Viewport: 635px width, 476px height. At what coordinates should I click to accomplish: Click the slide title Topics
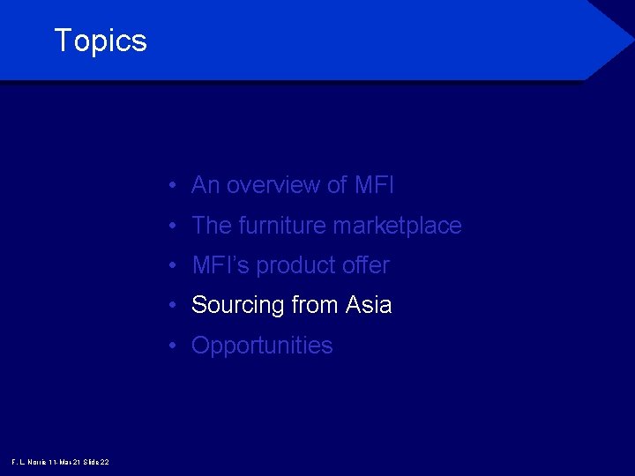tap(101, 41)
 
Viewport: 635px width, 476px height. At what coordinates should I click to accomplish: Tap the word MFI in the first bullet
tap(374, 185)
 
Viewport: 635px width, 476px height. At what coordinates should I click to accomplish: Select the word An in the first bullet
tap(205, 185)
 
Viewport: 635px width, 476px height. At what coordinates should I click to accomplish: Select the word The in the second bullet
tap(212, 226)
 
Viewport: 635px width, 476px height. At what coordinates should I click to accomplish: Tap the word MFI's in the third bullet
tap(220, 265)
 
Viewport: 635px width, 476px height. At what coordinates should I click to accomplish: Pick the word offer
tap(366, 265)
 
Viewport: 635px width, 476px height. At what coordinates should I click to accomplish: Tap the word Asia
tap(369, 305)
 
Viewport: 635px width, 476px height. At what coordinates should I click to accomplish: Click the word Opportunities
tap(262, 346)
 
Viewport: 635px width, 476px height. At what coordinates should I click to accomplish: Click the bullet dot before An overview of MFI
tap(177, 186)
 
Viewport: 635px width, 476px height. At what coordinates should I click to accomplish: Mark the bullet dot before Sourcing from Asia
tap(177, 306)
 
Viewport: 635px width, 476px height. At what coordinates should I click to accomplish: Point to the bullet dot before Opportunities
tap(177, 346)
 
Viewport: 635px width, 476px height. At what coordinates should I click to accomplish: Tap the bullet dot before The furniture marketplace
tap(177, 227)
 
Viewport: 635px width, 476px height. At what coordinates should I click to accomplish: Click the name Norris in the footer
tap(36, 462)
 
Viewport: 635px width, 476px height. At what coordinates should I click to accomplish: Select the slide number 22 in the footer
tap(104, 462)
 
